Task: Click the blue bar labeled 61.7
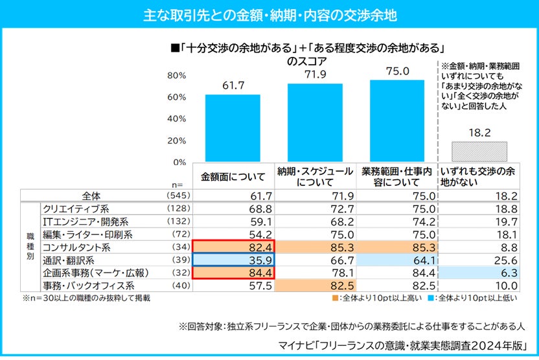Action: [x=233, y=128]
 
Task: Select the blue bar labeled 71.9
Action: [x=315, y=123]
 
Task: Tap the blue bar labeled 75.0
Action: [x=397, y=121]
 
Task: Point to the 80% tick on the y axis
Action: [x=177, y=76]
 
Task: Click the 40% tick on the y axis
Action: [x=177, y=119]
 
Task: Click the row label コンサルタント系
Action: [x=76, y=247]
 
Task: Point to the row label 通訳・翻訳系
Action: [x=68, y=260]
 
